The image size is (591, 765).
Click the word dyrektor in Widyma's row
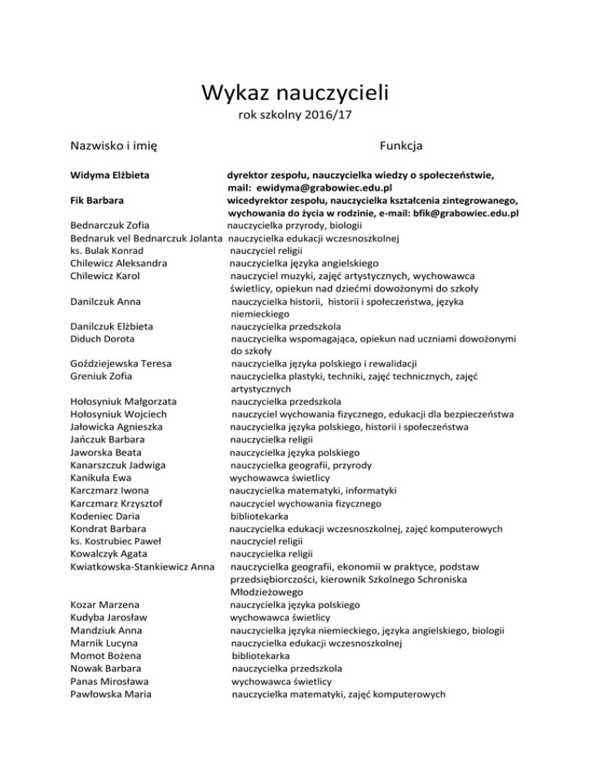249,175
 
